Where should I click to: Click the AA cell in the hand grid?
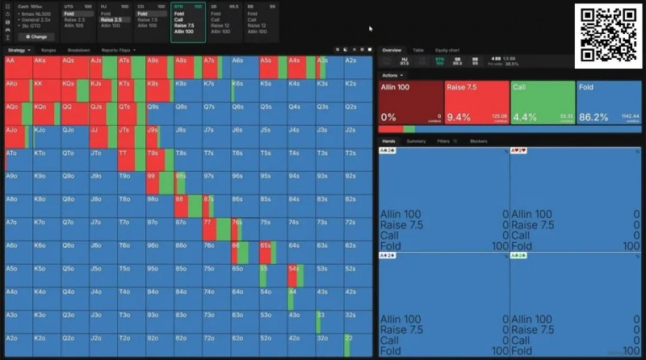[17, 67]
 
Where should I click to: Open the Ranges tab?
[48, 50]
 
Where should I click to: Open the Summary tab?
[416, 141]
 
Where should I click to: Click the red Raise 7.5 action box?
[476, 103]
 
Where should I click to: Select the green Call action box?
[542, 103]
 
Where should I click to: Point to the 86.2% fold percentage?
[594, 117]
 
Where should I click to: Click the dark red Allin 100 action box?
[411, 103]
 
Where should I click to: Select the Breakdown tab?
[78, 50]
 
